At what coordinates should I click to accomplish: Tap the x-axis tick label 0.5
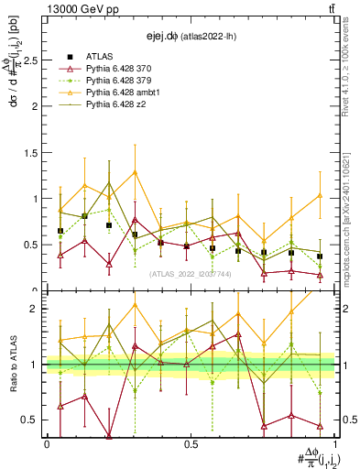(x=191, y=444)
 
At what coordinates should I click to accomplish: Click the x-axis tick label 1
(x=333, y=444)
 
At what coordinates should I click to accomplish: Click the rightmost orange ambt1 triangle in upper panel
(x=320, y=195)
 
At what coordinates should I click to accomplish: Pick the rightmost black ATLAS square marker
(x=320, y=256)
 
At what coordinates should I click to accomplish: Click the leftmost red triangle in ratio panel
(x=60, y=406)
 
